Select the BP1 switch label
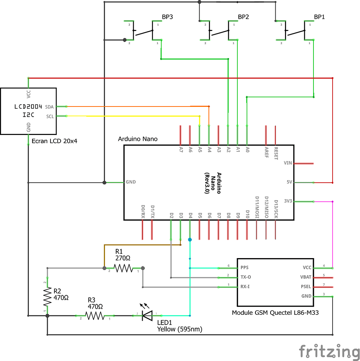tap(319, 17)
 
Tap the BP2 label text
tap(243, 17)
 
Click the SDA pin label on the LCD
tap(49, 107)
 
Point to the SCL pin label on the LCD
tap(49, 116)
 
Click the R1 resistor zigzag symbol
tap(123, 268)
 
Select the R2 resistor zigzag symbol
tap(47, 296)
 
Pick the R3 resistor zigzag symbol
tap(95, 316)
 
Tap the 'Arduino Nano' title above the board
tap(138, 139)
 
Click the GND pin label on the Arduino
tap(131, 182)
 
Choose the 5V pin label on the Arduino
tap(289, 182)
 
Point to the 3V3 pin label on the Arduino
tap(288, 201)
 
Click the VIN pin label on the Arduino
tap(288, 163)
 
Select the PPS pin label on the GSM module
tap(245, 268)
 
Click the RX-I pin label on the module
tap(246, 287)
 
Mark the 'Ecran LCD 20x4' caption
tap(54, 141)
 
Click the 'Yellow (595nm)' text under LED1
tap(180, 329)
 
